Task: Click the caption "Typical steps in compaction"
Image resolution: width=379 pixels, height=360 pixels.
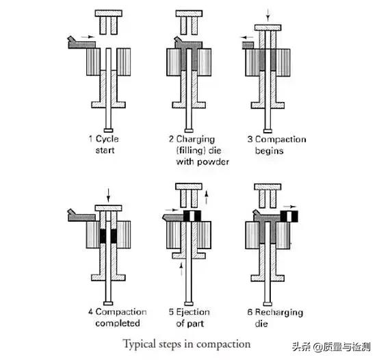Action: (187, 344)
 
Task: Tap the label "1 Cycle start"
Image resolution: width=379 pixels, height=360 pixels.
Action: (104, 144)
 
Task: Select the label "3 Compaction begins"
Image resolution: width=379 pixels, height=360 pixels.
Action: (277, 145)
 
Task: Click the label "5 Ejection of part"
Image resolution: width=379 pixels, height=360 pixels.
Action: (189, 318)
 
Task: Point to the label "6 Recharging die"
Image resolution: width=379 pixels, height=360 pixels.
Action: (275, 318)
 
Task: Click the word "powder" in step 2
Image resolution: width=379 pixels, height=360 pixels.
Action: (213, 162)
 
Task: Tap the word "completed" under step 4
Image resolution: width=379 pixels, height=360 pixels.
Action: (118, 323)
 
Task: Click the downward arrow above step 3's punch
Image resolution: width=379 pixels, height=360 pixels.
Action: (267, 15)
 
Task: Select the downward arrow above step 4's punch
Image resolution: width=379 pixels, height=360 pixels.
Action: (108, 195)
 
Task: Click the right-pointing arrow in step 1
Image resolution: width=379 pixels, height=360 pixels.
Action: (88, 37)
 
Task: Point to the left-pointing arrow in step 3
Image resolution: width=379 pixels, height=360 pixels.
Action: (246, 38)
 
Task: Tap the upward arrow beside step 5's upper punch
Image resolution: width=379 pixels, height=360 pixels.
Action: (207, 197)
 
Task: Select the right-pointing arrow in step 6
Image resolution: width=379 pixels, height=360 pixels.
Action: (289, 207)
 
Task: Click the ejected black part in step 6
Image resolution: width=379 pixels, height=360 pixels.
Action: (289, 216)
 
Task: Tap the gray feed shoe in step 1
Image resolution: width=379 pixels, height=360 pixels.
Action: (81, 44)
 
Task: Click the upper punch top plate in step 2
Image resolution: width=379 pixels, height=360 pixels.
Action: (189, 14)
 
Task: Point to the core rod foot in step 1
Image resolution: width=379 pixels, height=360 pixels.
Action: (108, 131)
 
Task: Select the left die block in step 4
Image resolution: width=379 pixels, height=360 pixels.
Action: (93, 235)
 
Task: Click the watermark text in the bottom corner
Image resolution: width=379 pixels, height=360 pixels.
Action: (331, 347)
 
